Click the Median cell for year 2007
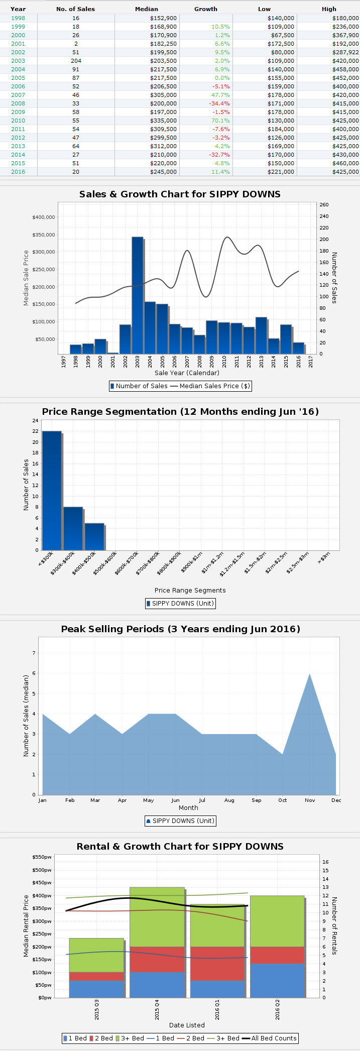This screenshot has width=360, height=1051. pyautogui.click(x=163, y=95)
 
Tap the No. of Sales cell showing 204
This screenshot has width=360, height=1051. pyautogui.click(x=75, y=61)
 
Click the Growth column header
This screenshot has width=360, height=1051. pyautogui.click(x=206, y=9)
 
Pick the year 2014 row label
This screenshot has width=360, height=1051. pyautogui.click(x=18, y=155)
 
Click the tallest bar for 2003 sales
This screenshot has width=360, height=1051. pyautogui.click(x=138, y=295)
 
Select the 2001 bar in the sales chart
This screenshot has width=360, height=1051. pyautogui.click(x=113, y=353)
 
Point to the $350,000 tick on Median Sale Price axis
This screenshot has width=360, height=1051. pyautogui.click(x=43, y=235)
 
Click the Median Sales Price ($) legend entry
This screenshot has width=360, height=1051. pyautogui.click(x=209, y=386)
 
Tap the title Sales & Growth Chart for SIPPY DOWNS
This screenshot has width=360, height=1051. pyautogui.click(x=180, y=194)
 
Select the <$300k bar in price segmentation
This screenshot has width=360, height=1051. pyautogui.click(x=52, y=490)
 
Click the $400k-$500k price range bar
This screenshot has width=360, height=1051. pyautogui.click(x=94, y=536)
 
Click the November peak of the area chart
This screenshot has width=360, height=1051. pyautogui.click(x=310, y=674)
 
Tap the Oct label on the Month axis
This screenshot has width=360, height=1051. pyautogui.click(x=283, y=800)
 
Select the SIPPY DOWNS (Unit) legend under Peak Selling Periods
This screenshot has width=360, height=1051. pyautogui.click(x=180, y=821)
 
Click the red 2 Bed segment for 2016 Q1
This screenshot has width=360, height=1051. pyautogui.click(x=217, y=964)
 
